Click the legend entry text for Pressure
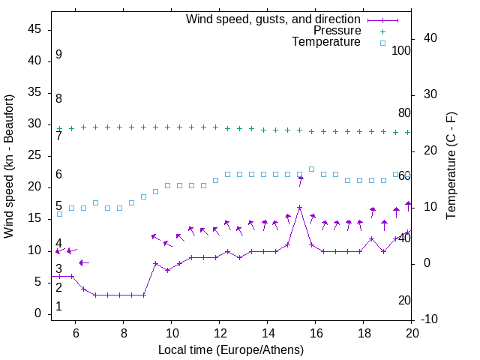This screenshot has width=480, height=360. coord(337,31)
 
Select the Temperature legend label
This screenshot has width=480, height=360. coord(326,42)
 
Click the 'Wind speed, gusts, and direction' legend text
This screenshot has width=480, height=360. coord(274,19)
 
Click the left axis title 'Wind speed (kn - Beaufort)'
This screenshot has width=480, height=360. coord(10,166)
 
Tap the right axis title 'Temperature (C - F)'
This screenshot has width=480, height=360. coord(451,166)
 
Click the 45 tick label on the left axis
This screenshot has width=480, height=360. coord(34,29)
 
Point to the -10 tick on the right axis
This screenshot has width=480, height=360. coord(430,319)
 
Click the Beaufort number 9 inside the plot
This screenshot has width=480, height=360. coord(58,55)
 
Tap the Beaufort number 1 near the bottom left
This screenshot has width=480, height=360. coord(58,307)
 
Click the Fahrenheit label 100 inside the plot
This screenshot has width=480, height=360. coord(401,50)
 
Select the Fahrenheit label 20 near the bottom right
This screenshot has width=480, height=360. coord(404,300)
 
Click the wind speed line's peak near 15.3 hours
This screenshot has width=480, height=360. coord(299,207)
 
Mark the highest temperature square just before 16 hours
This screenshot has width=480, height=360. coord(311,169)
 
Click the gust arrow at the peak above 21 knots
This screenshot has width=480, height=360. coord(301,179)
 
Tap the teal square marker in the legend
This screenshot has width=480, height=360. coord(382,43)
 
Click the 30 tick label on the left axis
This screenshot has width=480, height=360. coord(34,124)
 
